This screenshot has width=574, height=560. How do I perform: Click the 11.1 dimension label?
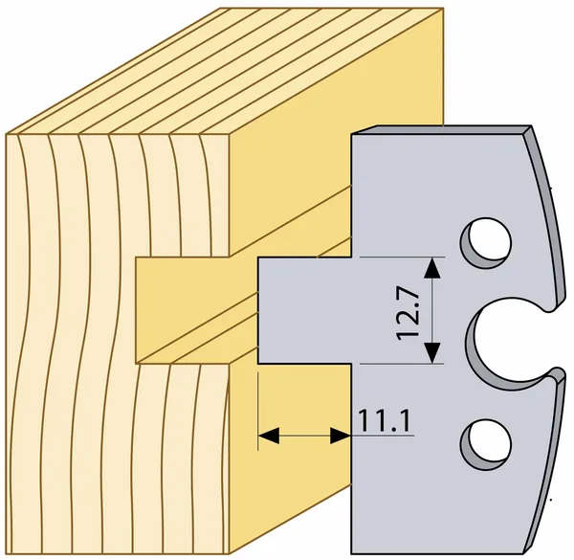(385, 420)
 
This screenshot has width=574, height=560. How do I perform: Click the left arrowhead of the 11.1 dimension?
(267, 437)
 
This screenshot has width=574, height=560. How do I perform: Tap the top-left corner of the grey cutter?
(353, 133)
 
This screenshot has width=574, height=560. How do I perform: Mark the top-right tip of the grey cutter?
(529, 126)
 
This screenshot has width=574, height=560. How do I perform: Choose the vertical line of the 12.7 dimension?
(433, 311)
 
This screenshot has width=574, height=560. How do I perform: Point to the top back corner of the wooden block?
(443, 10)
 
